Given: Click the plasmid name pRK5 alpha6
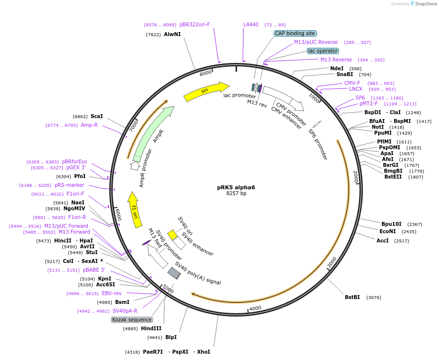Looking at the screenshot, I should [236, 187].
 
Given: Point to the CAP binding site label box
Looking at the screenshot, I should [295, 34].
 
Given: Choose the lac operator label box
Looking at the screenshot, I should [323, 51].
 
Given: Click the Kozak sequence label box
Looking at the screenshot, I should [132, 320].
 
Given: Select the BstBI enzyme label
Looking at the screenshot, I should [352, 297].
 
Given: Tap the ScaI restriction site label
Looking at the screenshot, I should [97, 116].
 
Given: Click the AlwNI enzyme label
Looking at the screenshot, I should [172, 34].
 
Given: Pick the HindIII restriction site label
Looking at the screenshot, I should [151, 328].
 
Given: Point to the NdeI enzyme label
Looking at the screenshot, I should [337, 68].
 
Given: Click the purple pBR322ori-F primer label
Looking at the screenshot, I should [195, 24].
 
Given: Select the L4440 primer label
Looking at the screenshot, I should [251, 24].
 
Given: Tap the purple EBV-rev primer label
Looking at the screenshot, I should [112, 293].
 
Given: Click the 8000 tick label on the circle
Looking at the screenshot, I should [206, 73].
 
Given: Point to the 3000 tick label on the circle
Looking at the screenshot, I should [332, 262].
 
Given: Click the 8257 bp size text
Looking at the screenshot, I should [236, 194].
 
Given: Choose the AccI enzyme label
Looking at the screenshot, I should [383, 240].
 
